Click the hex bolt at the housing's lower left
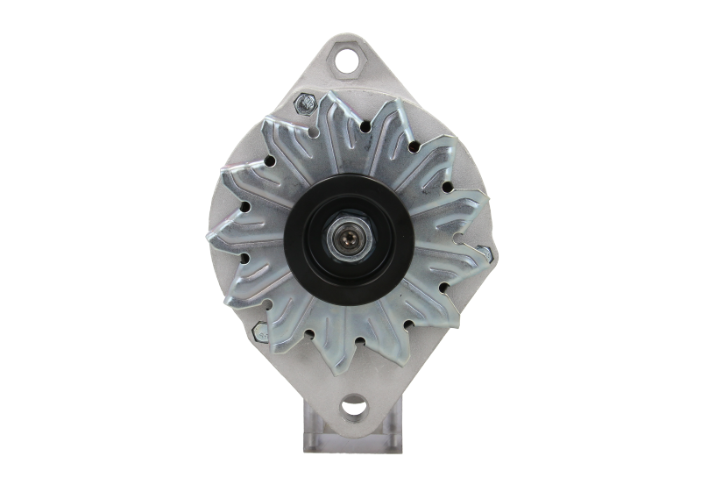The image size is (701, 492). (261, 331)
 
